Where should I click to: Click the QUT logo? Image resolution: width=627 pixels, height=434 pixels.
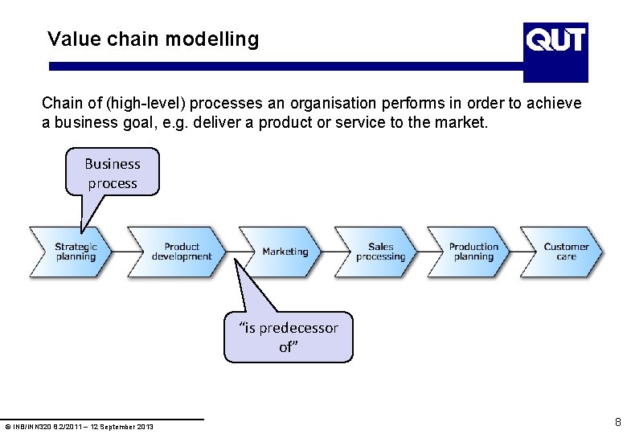pos(555,52)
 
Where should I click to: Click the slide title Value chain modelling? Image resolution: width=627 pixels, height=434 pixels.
pos(153,39)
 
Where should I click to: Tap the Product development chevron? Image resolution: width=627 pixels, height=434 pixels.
pos(181,252)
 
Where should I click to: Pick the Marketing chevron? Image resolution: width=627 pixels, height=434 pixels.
pos(285,252)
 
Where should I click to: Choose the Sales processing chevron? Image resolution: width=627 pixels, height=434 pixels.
pos(380,252)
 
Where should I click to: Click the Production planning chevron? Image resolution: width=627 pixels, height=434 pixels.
pos(473,252)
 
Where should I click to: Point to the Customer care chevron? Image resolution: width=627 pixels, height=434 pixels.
pos(566,252)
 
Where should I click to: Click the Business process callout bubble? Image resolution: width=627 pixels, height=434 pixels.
pos(113,173)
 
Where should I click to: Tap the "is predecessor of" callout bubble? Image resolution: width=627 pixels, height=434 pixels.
pos(288,337)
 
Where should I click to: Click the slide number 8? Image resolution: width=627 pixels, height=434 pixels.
pos(617,421)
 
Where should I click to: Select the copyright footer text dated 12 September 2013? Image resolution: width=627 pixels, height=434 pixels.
pos(79,426)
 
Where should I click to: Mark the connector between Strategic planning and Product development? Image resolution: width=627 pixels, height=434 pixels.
pos(121,252)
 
